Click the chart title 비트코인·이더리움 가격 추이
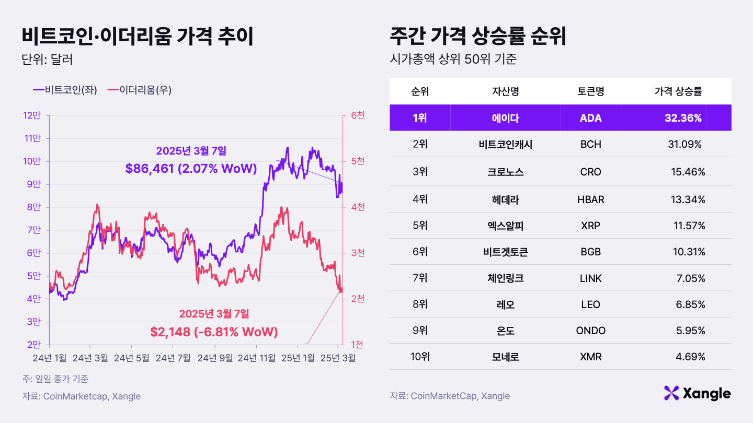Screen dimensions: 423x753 tap(138, 38)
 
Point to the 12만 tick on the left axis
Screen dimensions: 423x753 tap(32, 115)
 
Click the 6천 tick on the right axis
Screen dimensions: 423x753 tap(358, 115)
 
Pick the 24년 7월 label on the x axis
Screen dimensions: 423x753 tap(173, 358)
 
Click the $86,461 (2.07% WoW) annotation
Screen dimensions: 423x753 tap(191, 168)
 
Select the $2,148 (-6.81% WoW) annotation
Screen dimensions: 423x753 tap(214, 332)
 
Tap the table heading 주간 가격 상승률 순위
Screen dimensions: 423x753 tap(478, 38)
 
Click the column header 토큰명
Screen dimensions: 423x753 tap(590, 91)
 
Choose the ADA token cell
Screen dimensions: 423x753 tap(590, 118)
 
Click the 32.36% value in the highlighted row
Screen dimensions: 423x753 tap(683, 118)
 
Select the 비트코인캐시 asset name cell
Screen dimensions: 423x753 tap(505, 145)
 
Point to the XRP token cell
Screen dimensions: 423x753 tap(590, 226)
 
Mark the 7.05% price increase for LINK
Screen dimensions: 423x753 tap(690, 278)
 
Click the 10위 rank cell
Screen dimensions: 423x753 tap(420, 357)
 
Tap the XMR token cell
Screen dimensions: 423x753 tap(590, 357)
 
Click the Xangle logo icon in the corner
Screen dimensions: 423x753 tap(671, 393)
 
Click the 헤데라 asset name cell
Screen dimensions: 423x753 tap(505, 199)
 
